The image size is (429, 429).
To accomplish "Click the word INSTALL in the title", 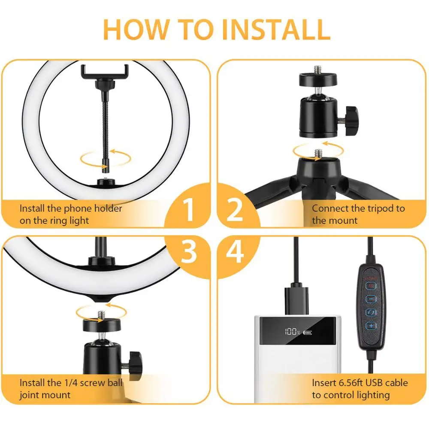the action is point(276,29).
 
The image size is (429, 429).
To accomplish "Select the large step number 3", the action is point(188,252).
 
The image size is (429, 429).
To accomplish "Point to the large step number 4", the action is point(235,252).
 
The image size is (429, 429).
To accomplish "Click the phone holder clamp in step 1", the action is point(105,72).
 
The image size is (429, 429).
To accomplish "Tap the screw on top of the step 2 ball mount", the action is point(317,70).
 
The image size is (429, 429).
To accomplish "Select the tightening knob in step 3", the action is point(135,365).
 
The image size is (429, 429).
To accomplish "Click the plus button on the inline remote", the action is point(371,326).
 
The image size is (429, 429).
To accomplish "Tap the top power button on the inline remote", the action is point(371,286).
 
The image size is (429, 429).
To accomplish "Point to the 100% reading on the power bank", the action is point(292,332).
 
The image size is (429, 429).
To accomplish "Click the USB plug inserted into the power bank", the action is point(296,301).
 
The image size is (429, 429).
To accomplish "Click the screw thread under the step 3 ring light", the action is point(102,315).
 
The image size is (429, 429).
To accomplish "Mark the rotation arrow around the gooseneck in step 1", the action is point(106,158).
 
